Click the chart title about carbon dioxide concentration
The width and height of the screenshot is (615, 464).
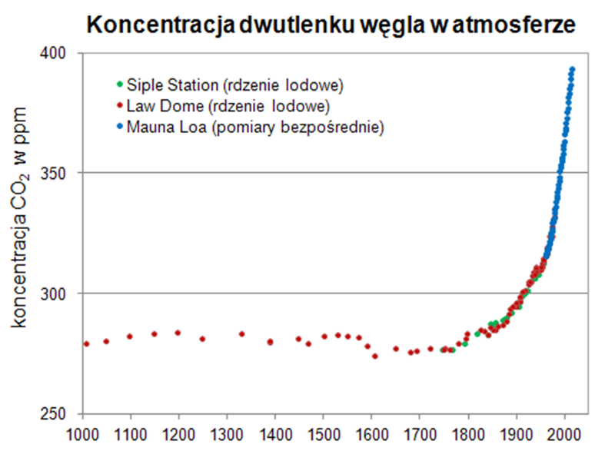pyautogui.click(x=331, y=25)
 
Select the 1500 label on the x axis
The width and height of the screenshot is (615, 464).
pyautogui.click(x=324, y=432)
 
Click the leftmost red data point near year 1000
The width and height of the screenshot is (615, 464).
pyautogui.click(x=86, y=343)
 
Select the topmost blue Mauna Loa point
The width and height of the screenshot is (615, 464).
pyautogui.click(x=572, y=69)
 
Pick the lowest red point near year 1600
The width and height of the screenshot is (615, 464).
pyautogui.click(x=374, y=356)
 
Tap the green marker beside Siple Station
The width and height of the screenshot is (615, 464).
pyautogui.click(x=118, y=83)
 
